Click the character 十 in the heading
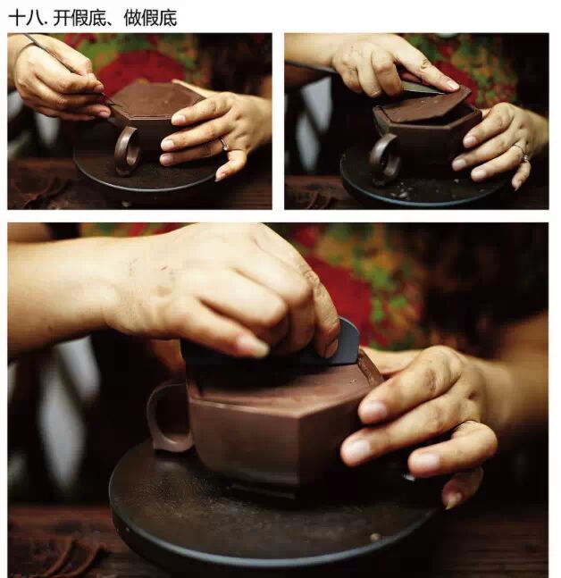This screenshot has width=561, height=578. click(17, 18)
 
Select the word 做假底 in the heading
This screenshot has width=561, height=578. click(150, 18)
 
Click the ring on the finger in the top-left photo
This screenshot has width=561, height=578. click(224, 144)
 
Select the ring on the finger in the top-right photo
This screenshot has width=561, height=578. click(523, 154)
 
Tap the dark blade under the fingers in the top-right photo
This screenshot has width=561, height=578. click(424, 87)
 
